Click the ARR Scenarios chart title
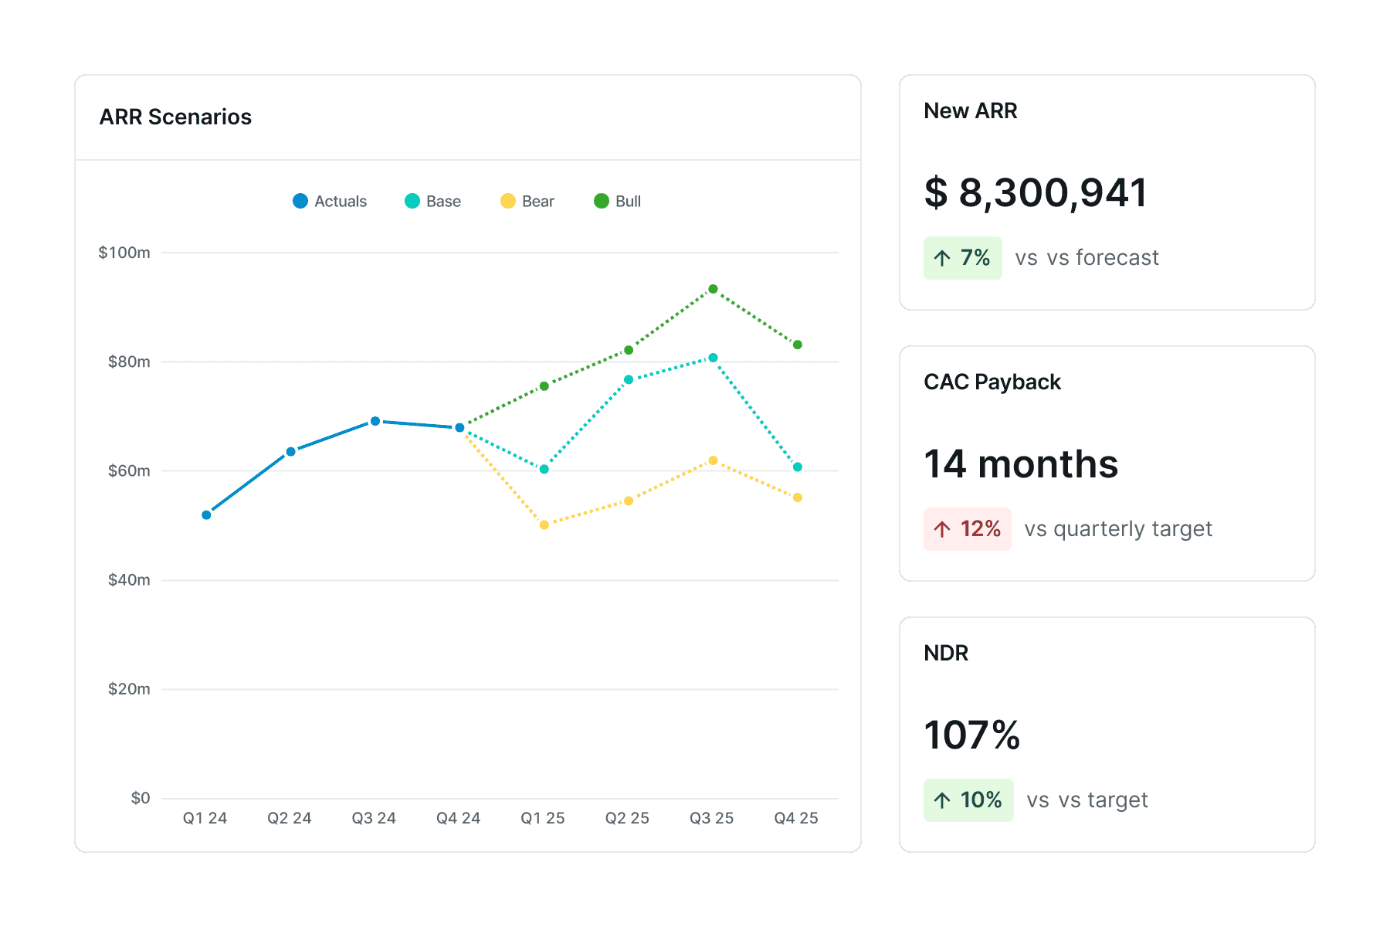175,117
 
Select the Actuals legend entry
330,202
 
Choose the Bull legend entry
618,202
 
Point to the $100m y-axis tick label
124,253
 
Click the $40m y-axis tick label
129,580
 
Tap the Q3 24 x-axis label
374,818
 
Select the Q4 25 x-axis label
796,818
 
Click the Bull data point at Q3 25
713,289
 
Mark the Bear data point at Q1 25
544,525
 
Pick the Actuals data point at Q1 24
206,514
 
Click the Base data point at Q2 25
629,379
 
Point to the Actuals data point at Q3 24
375,421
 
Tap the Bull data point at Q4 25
798,345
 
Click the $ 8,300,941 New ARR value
1036,192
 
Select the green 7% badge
962,258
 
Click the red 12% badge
967,529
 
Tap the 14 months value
1021,464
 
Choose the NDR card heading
946,653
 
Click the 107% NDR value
972,735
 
